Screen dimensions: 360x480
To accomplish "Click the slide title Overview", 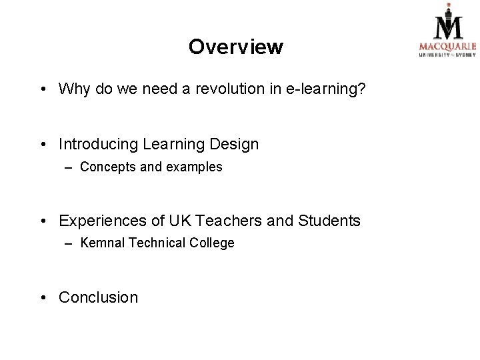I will (x=235, y=47).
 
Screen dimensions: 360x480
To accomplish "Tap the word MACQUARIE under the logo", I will (x=447, y=47).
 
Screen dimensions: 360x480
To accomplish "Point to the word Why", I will (x=74, y=89).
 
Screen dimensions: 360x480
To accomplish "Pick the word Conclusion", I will (x=99, y=297).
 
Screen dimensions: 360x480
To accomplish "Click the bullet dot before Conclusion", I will (x=43, y=298).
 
